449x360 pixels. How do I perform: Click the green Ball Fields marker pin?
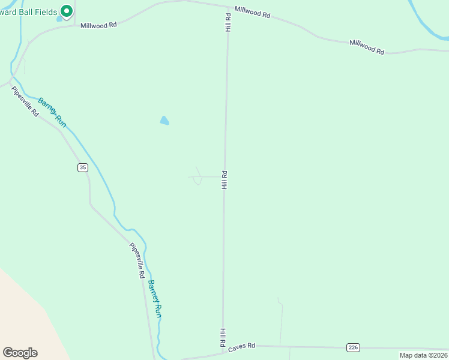pyautogui.click(x=67, y=11)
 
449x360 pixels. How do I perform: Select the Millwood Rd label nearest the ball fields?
pyautogui.click(x=98, y=25)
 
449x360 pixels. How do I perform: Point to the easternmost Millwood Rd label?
pyautogui.click(x=367, y=47)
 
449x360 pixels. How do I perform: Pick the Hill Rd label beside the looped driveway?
pyautogui.click(x=224, y=180)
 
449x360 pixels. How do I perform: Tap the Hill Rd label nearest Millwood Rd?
pyautogui.click(x=228, y=23)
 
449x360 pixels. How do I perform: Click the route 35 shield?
pyautogui.click(x=82, y=167)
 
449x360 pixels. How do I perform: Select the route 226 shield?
pyautogui.click(x=353, y=347)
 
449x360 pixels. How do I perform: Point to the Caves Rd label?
pyautogui.click(x=242, y=346)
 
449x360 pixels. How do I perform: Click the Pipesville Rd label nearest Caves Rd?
pyautogui.click(x=137, y=260)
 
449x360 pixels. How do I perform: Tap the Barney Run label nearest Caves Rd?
pyautogui.click(x=155, y=299)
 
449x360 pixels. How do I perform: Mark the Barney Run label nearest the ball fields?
pyautogui.click(x=52, y=112)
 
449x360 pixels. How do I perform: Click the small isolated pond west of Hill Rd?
pyautogui.click(x=164, y=121)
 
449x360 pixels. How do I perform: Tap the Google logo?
pyautogui.click(x=20, y=353)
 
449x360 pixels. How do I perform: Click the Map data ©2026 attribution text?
pyautogui.click(x=423, y=355)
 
